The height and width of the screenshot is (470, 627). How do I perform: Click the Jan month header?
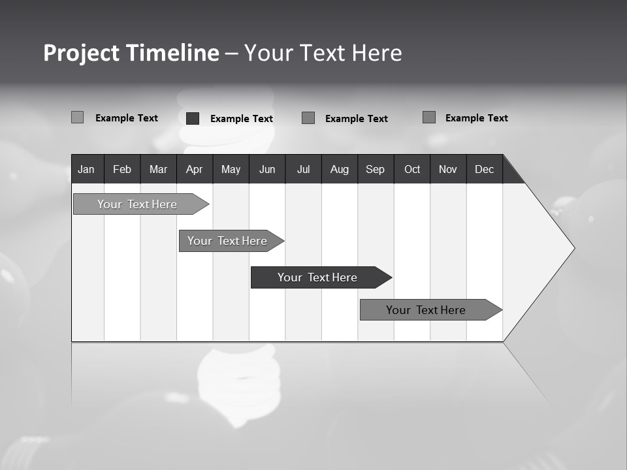tap(86, 169)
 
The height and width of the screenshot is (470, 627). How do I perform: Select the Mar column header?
tap(158, 169)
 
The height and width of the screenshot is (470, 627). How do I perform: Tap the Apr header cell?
tap(194, 169)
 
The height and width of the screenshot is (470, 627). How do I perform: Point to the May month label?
tap(231, 169)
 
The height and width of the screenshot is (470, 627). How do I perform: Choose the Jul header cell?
tap(303, 169)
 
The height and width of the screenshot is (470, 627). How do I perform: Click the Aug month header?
tap(339, 169)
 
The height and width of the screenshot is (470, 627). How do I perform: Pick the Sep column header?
tap(375, 169)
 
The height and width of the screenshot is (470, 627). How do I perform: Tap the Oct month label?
tap(412, 169)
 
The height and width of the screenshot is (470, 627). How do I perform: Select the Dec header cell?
tap(484, 169)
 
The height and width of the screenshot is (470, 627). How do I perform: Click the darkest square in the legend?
tap(193, 118)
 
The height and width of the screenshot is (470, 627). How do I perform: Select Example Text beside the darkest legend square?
tap(241, 119)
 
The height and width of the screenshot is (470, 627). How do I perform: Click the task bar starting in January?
tap(137, 204)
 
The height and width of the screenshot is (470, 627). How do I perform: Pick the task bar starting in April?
tap(227, 241)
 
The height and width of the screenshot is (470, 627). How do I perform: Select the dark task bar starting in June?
tap(317, 277)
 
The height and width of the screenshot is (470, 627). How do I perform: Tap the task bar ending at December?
tap(426, 310)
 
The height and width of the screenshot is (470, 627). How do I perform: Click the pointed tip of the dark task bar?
tap(390, 277)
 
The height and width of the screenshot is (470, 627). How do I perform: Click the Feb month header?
tap(122, 169)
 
